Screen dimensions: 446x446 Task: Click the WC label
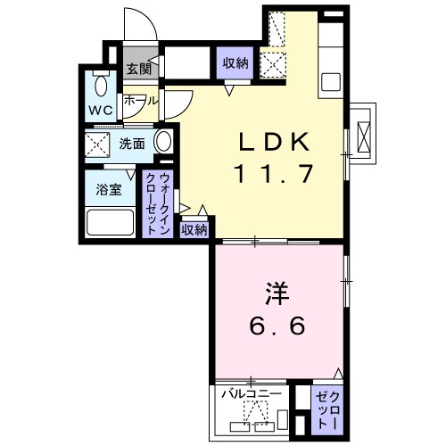99,111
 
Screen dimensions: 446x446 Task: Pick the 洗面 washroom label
133,143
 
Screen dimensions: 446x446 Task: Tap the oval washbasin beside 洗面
164,142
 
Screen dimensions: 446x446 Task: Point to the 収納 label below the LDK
194,229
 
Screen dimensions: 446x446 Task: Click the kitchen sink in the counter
330,81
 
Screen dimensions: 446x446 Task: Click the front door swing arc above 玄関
138,27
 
